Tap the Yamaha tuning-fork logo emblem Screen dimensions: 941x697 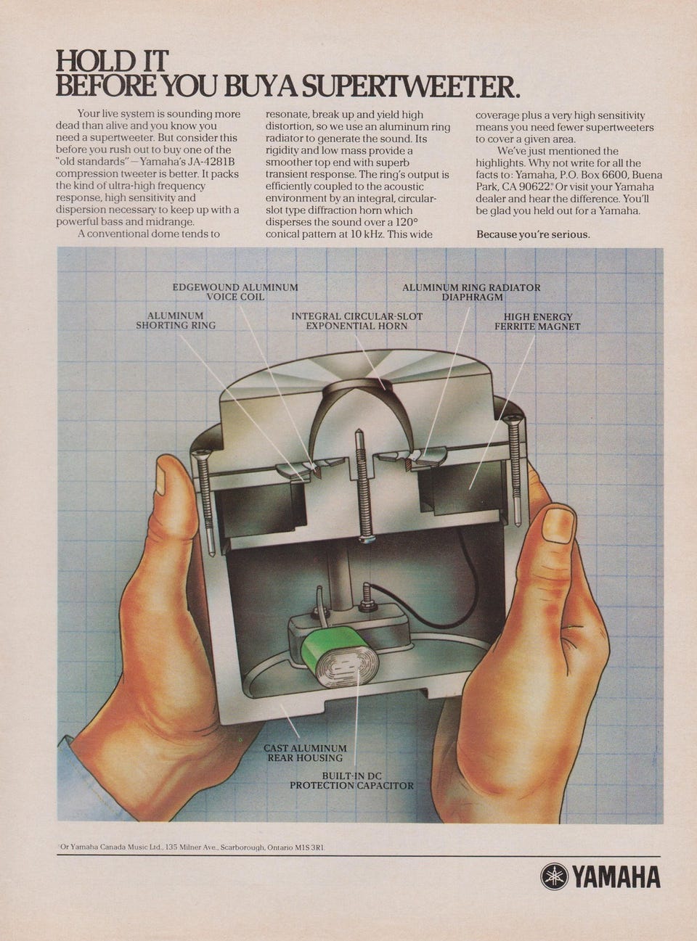[x=552, y=877]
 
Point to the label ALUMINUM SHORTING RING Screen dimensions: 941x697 [x=176, y=321]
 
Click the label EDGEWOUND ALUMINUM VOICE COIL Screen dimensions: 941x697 [x=235, y=292]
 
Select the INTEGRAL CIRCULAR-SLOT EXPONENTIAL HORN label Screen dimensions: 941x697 [x=356, y=321]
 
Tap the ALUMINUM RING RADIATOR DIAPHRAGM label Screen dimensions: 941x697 [x=471, y=292]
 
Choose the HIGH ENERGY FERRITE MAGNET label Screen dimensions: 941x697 [x=537, y=321]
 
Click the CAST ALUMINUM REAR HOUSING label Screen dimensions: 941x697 [x=305, y=752]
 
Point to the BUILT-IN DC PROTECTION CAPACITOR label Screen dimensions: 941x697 [x=351, y=781]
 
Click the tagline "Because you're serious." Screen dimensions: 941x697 [x=532, y=234]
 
